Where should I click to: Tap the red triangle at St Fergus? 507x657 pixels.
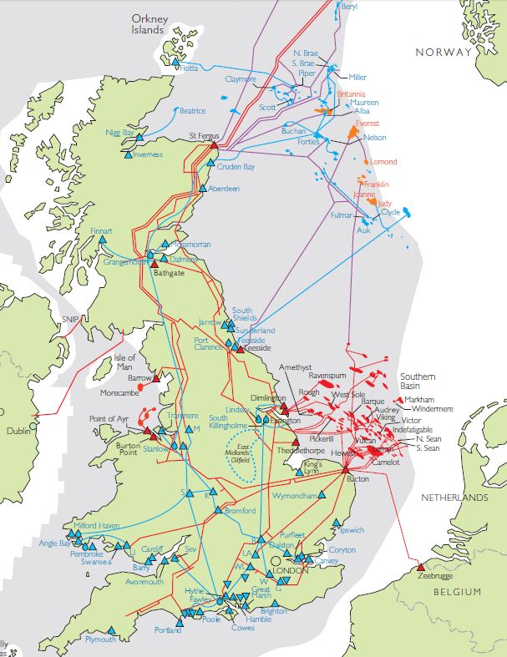tap(214, 145)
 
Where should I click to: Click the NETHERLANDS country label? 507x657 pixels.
tap(454, 498)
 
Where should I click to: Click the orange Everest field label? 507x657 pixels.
tap(367, 124)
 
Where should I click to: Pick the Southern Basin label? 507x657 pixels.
tap(418, 382)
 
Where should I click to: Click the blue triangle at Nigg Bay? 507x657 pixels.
tap(140, 136)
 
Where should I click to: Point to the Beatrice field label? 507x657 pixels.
tap(191, 111)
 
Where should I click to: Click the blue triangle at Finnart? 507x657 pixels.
tap(103, 240)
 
